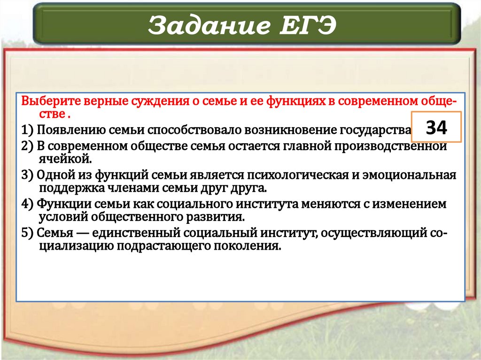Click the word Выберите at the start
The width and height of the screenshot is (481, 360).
45,101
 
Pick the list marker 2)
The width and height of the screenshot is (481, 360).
27,146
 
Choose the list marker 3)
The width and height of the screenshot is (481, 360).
27,176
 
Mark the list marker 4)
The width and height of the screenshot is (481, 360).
27,205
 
